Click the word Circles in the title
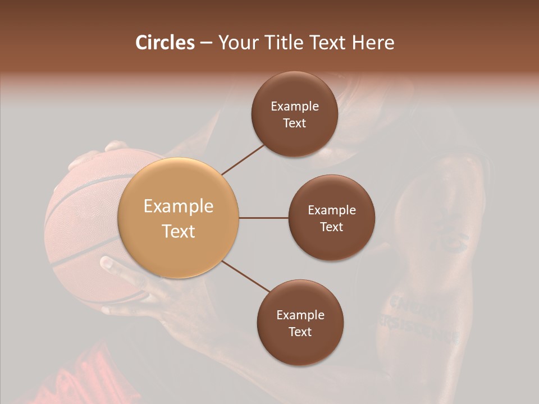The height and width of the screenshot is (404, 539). pyautogui.click(x=165, y=43)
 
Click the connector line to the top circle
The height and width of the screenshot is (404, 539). pyautogui.click(x=243, y=158)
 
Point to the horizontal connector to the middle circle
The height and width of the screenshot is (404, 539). pyautogui.click(x=263, y=218)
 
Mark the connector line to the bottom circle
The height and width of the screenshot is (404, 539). pyautogui.click(x=245, y=276)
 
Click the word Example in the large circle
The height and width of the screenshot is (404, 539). pyautogui.click(x=179, y=206)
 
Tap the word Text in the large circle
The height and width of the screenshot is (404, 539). pyautogui.click(x=179, y=231)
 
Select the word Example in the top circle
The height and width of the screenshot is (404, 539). pyautogui.click(x=295, y=106)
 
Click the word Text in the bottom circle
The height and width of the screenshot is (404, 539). pyautogui.click(x=300, y=332)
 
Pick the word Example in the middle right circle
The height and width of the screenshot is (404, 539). pyautogui.click(x=331, y=210)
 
